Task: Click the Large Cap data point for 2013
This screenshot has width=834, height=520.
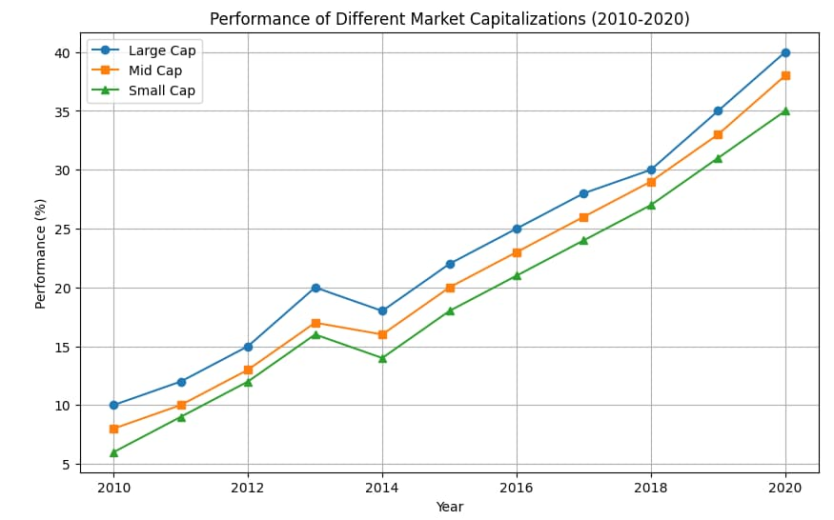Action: coord(315,288)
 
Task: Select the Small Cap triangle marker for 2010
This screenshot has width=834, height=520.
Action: coord(113,452)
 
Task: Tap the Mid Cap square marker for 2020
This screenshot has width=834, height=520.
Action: coord(785,75)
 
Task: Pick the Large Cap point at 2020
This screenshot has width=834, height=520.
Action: coord(785,52)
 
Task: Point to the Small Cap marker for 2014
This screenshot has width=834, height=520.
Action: coord(382,358)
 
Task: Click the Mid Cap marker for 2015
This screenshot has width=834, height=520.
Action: coord(450,288)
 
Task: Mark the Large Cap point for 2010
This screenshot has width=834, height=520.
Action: coord(113,405)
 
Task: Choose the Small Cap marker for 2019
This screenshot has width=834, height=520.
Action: coord(718,158)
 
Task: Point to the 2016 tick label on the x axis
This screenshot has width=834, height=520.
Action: coord(517,488)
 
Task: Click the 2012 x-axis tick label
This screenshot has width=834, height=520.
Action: coord(248,488)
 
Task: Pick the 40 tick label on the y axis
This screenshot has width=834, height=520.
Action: coord(62,52)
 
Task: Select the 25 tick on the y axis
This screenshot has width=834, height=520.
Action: coord(62,229)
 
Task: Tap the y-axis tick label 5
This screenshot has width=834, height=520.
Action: coord(66,464)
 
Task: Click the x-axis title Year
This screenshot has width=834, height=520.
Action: coord(449,507)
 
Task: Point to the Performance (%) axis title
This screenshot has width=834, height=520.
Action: coord(41,253)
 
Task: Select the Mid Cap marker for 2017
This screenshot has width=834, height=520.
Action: coord(583,217)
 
